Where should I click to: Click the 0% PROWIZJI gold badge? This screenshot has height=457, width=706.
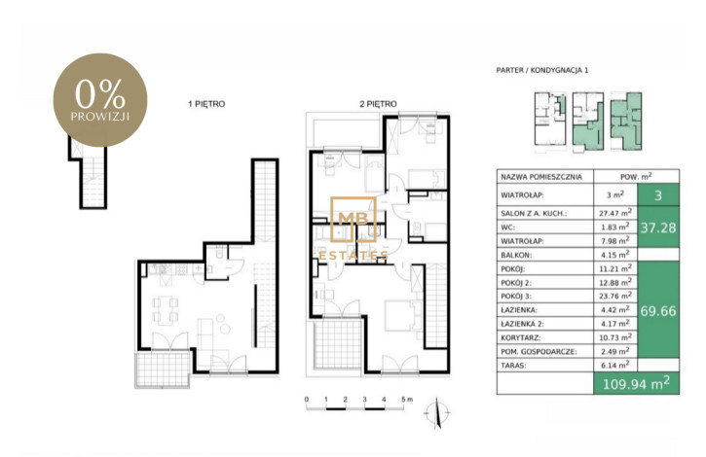coord(100,100)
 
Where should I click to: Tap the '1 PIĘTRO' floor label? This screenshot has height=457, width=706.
coord(206,104)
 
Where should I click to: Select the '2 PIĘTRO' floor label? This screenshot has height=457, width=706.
coord(378,104)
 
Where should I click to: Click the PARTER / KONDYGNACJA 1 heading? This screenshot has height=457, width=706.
coord(542,70)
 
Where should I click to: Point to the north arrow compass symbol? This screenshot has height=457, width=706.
coord(437,412)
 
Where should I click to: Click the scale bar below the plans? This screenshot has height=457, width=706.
coord(354,408)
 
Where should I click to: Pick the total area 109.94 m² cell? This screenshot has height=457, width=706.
coord(636,384)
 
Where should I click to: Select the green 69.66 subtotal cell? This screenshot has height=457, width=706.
coord(658,310)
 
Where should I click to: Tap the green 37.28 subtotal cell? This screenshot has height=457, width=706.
coord(658,228)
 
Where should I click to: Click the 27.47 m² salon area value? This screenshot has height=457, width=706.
coord(616,213)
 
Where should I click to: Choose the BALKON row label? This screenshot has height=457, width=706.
coord(516,255)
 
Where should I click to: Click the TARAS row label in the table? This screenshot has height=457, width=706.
coord(513,366)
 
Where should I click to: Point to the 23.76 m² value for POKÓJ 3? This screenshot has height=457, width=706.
coord(616,296)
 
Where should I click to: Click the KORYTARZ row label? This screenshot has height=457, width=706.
coord(521,337)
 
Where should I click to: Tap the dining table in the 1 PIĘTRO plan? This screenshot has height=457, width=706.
coord(165,309)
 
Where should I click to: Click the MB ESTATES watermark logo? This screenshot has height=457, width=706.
coord(353,228)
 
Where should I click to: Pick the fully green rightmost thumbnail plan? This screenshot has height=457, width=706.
coord(626,121)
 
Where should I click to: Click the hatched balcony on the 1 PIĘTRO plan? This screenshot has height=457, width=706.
coord(162,369)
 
